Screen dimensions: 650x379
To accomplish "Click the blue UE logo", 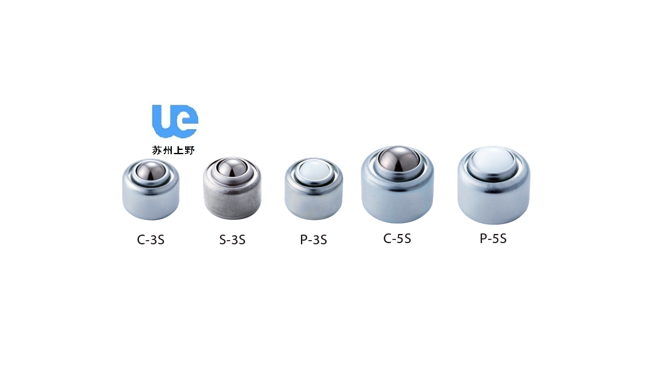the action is tap(175, 121).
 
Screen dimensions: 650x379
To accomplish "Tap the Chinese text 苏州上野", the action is tap(173, 150).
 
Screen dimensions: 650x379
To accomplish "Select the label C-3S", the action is tap(150, 239).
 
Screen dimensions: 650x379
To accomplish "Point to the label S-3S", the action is tap(232, 239).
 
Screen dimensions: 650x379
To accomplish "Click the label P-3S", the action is tap(313, 239).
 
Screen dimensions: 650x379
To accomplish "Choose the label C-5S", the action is tap(397, 238).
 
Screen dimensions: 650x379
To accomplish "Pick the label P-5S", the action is tap(493, 238).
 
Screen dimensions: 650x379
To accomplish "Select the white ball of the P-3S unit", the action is tap(314, 169).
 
